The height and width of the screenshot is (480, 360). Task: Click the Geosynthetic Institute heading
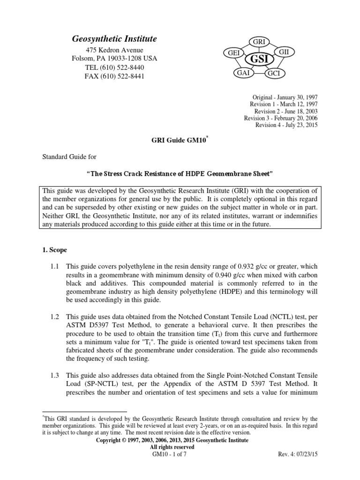pyautogui.click(x=114, y=39)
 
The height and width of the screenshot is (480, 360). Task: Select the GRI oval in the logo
pyautogui.click(x=259, y=42)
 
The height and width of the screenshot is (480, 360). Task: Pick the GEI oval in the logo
pyautogui.click(x=233, y=53)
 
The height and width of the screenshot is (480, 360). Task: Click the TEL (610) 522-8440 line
pyautogui.click(x=114, y=67)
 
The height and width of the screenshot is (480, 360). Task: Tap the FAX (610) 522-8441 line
pyautogui.click(x=114, y=76)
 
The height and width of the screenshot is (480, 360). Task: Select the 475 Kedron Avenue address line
pyautogui.click(x=114, y=50)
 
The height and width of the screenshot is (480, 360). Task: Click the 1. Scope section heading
pyautogui.click(x=55, y=250)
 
